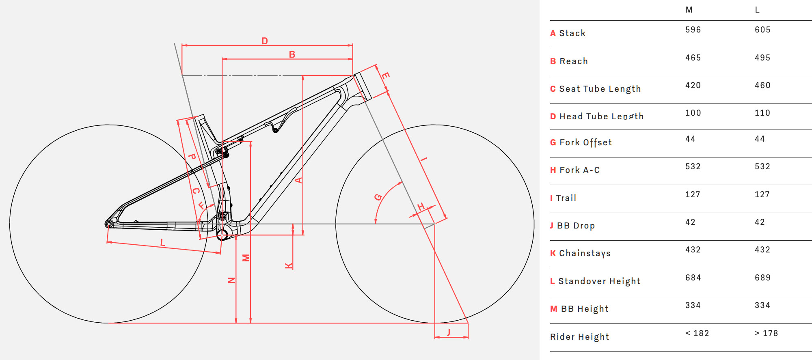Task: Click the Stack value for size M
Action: pos(693,30)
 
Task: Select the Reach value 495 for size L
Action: pos(762,58)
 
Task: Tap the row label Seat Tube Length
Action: pos(600,89)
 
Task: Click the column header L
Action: pos(757,10)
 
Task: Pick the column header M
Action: pos(689,10)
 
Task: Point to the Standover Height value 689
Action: pos(762,278)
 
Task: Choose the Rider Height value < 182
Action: pos(697,333)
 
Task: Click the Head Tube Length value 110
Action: pos(762,113)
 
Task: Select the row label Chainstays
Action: pos(585,253)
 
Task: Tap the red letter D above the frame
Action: pos(265,41)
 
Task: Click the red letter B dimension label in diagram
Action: pos(292,54)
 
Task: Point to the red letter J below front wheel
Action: pos(449,332)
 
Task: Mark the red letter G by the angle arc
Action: pos(378,197)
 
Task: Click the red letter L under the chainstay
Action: pos(162,243)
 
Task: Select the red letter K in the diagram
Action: pos(289,266)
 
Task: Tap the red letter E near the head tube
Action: pos(385,75)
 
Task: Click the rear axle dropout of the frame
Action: pos(108,224)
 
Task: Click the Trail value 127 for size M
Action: pos(693,194)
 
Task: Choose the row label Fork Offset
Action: pos(585,142)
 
